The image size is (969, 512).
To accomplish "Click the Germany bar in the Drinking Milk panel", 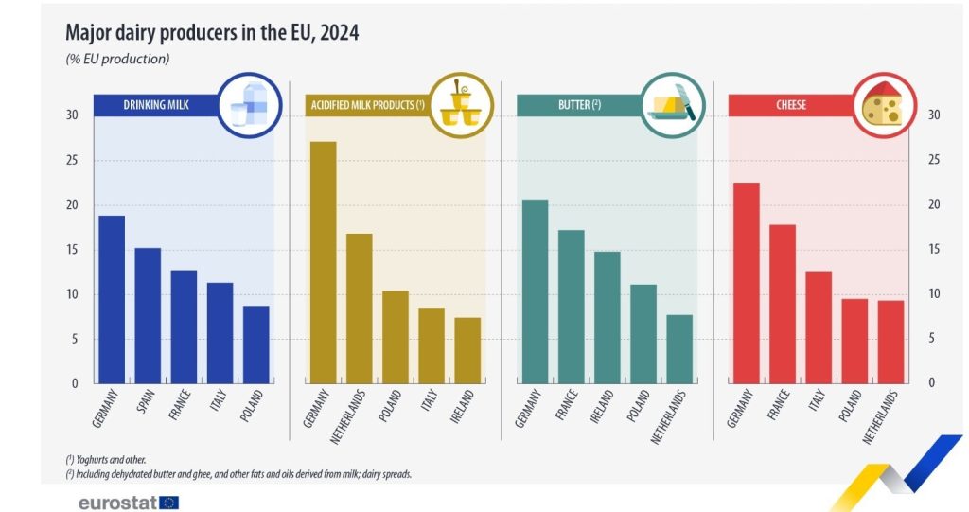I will (112, 299).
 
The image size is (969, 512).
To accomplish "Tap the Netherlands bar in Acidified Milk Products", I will (359, 308).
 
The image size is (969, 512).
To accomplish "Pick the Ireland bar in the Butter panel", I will (607, 317).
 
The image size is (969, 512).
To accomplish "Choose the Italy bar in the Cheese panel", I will (819, 327).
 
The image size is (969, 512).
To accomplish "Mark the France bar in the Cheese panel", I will (783, 303).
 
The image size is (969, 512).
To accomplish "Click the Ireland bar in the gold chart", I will (467, 350).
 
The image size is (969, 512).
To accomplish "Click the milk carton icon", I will (248, 105).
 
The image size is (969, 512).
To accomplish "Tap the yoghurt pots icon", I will (461, 105).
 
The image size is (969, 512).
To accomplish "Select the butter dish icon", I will (673, 106).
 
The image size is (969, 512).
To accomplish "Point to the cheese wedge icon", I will (884, 105).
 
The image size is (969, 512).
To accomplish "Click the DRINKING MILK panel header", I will (156, 105).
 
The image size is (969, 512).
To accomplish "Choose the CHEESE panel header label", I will (791, 105).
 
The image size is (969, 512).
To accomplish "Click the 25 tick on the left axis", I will (73, 160).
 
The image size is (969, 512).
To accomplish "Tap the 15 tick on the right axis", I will (934, 249).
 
